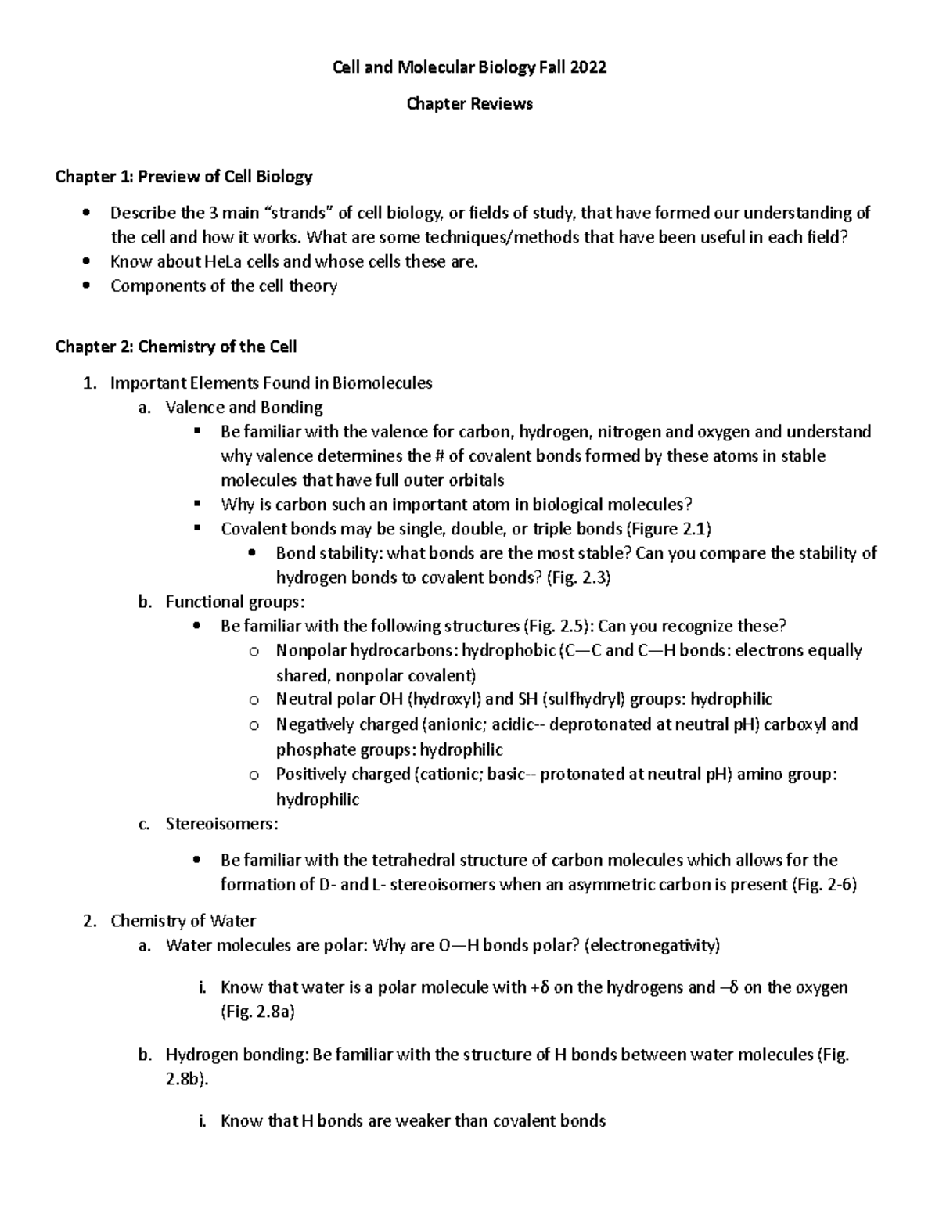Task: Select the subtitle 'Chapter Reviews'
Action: point(469,103)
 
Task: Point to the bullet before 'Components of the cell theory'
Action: point(86,286)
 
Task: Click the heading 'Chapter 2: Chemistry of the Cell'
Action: point(176,346)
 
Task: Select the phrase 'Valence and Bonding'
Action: point(244,407)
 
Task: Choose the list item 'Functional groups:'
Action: point(236,602)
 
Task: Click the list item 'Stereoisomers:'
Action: point(221,823)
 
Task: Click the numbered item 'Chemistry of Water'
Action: point(183,921)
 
